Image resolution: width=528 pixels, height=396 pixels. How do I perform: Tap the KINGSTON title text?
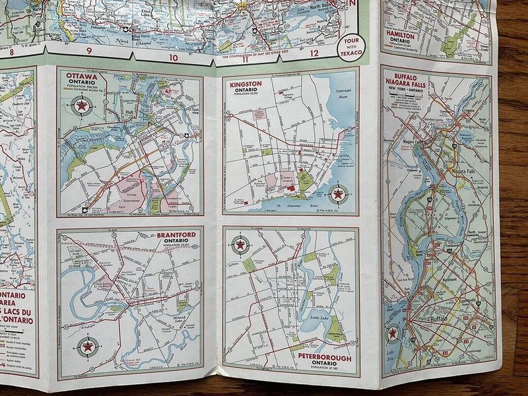pos(246,84)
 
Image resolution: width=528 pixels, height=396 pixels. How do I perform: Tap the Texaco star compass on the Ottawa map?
pos(82,105)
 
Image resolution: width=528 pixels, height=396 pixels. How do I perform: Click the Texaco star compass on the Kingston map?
pos(339,193)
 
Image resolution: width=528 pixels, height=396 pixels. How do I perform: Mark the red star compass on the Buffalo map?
pos(393,333)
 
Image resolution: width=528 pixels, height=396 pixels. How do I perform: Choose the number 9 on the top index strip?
pos(88,51)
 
